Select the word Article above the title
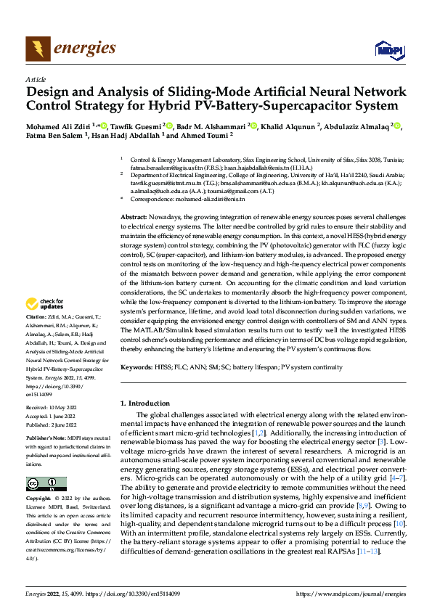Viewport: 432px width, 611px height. pyautogui.click(x=35, y=79)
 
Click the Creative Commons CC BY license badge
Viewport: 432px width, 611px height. pyautogui.click(x=46, y=484)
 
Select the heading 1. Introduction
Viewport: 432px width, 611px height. pyautogui.click(x=144, y=403)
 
